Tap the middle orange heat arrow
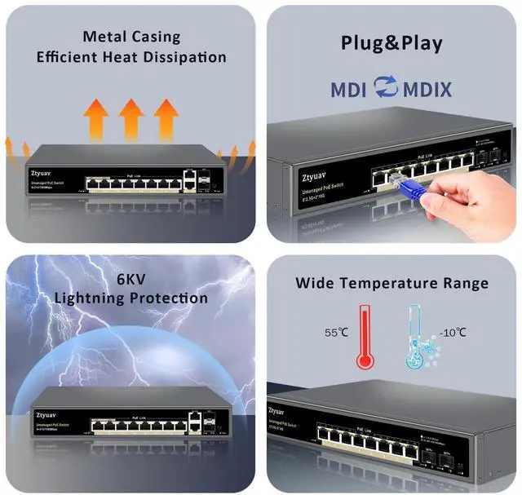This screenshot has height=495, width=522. pyautogui.click(x=131, y=117)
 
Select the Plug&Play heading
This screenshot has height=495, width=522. pyautogui.click(x=391, y=43)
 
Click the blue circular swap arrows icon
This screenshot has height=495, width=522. pyautogui.click(x=386, y=87)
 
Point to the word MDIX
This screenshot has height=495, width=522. pyautogui.click(x=427, y=88)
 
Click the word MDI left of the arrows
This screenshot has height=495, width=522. pyautogui.click(x=349, y=88)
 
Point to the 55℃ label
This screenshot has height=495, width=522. pyautogui.click(x=336, y=333)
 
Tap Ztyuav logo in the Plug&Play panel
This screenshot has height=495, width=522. pyautogui.click(x=311, y=175)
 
